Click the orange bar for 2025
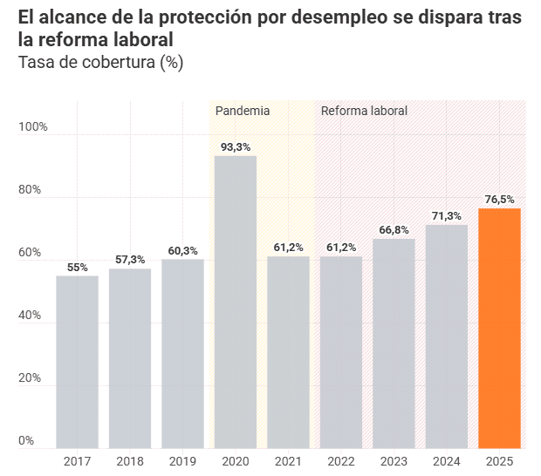click(x=499, y=328)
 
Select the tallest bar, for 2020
click(x=236, y=302)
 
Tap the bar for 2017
click(x=77, y=362)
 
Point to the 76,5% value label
click(x=499, y=200)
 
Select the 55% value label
click(x=77, y=268)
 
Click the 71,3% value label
click(x=447, y=216)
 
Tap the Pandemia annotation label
click(x=243, y=111)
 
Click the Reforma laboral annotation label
click(x=364, y=111)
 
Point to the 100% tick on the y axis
click(x=33, y=127)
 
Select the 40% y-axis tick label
click(x=31, y=316)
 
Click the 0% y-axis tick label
click(x=27, y=441)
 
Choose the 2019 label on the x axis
click(x=182, y=461)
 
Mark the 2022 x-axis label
click(x=340, y=461)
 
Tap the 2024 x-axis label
click(x=446, y=461)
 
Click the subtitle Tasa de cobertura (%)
click(x=100, y=63)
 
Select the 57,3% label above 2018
click(x=130, y=260)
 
